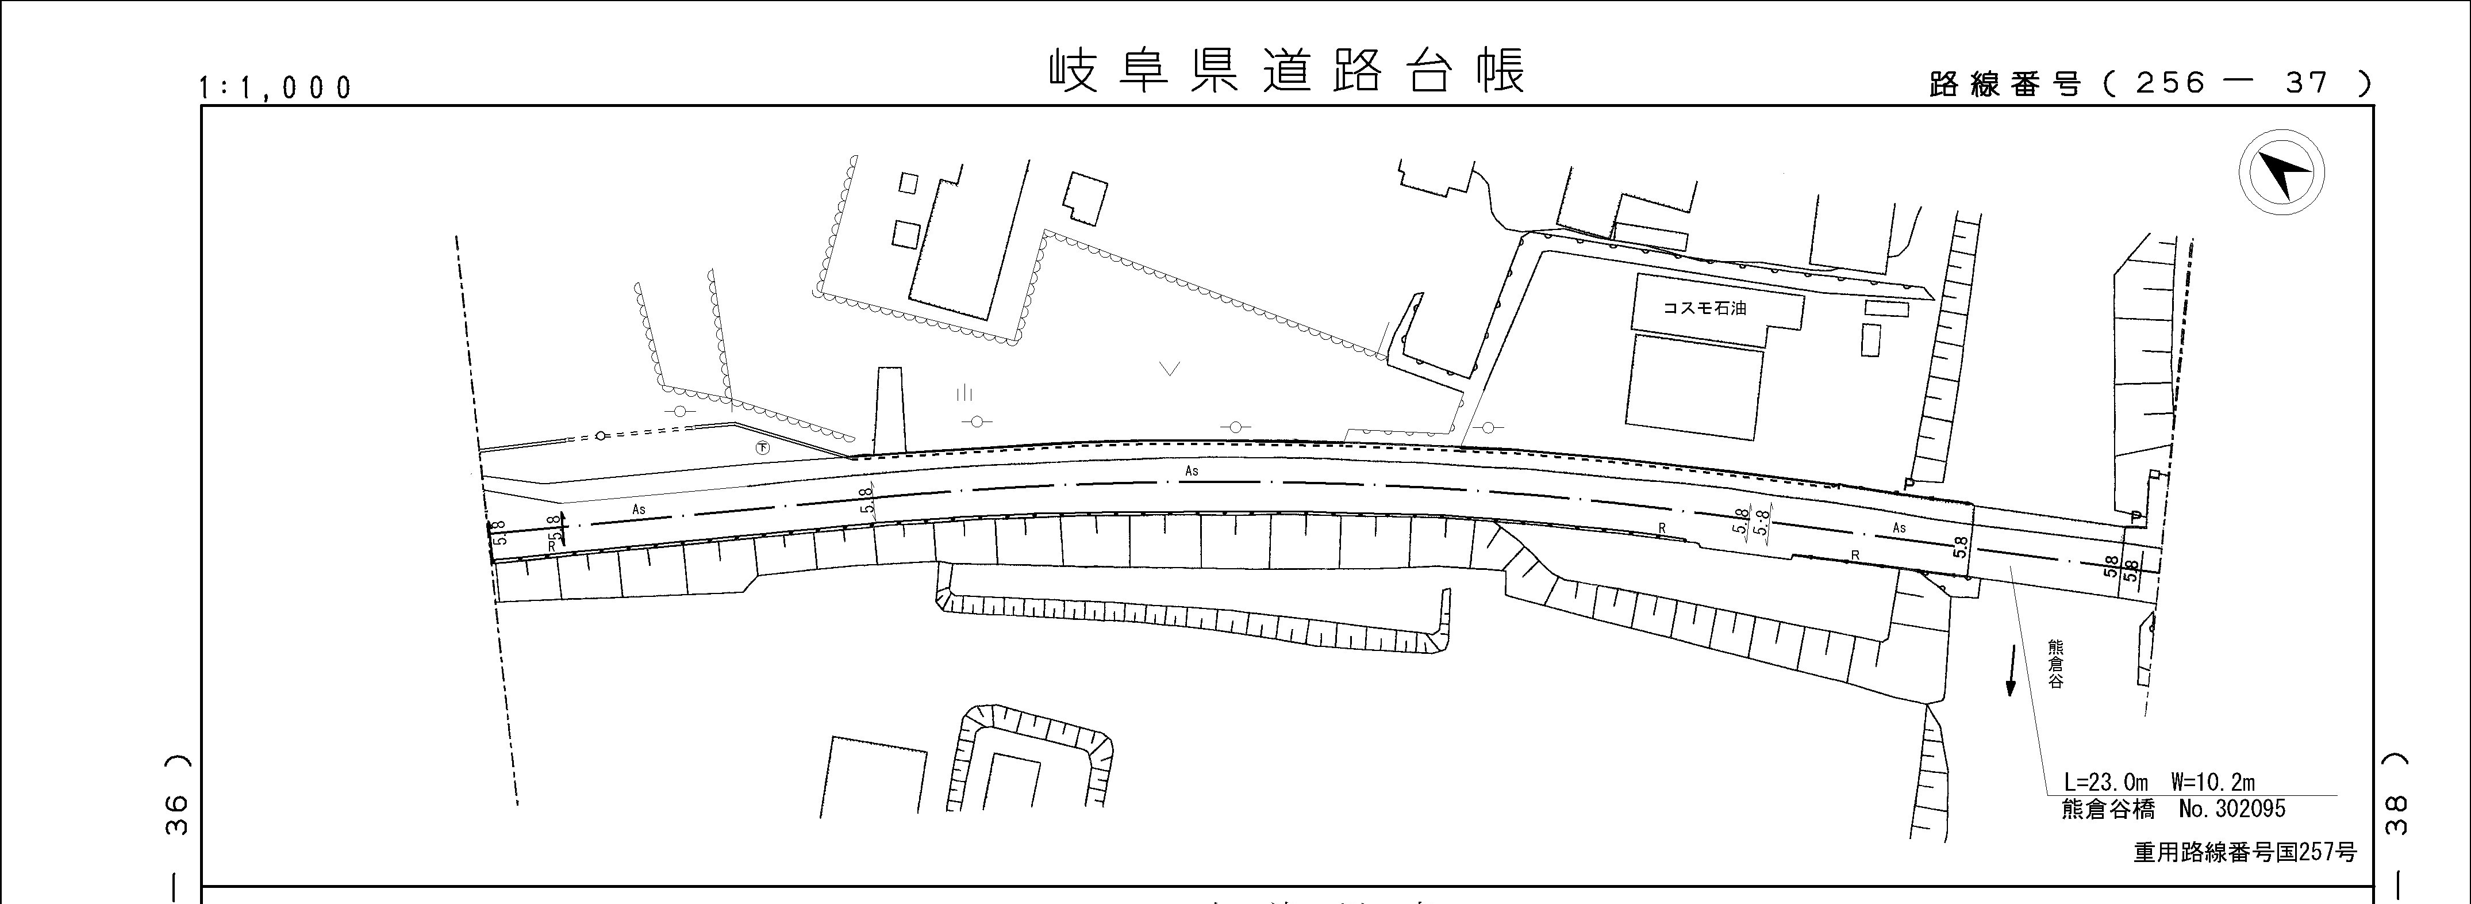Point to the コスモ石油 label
(1705, 309)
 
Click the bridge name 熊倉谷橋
(2107, 809)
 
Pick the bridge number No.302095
(2232, 809)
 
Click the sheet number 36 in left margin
(178, 815)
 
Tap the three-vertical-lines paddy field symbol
(964, 393)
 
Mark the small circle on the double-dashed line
(601, 436)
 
